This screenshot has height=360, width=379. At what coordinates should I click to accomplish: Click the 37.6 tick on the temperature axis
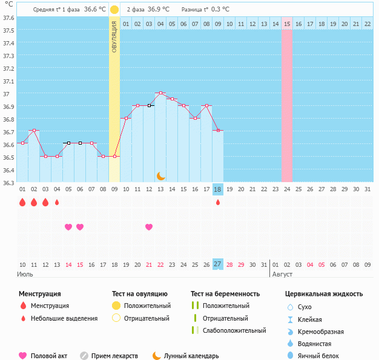tap(8, 18)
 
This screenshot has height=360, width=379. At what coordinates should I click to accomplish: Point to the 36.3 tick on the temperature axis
tap(8, 182)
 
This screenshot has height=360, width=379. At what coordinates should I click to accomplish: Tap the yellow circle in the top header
tap(114, 10)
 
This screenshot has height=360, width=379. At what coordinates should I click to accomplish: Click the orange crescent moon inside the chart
tap(160, 175)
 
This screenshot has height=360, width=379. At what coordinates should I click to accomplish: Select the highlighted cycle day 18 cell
tap(218, 189)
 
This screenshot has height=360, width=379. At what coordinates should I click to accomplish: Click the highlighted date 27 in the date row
tap(218, 264)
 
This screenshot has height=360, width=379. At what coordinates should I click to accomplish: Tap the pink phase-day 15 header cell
tap(287, 24)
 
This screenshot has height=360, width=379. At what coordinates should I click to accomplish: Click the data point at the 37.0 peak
tap(160, 93)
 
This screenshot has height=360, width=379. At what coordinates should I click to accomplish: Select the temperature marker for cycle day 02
tap(34, 131)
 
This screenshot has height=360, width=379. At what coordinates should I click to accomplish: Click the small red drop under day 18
tap(218, 202)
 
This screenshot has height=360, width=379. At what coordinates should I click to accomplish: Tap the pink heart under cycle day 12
tap(149, 227)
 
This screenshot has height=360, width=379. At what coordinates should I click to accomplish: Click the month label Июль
tap(25, 275)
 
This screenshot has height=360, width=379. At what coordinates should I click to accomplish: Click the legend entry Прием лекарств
tap(114, 356)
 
